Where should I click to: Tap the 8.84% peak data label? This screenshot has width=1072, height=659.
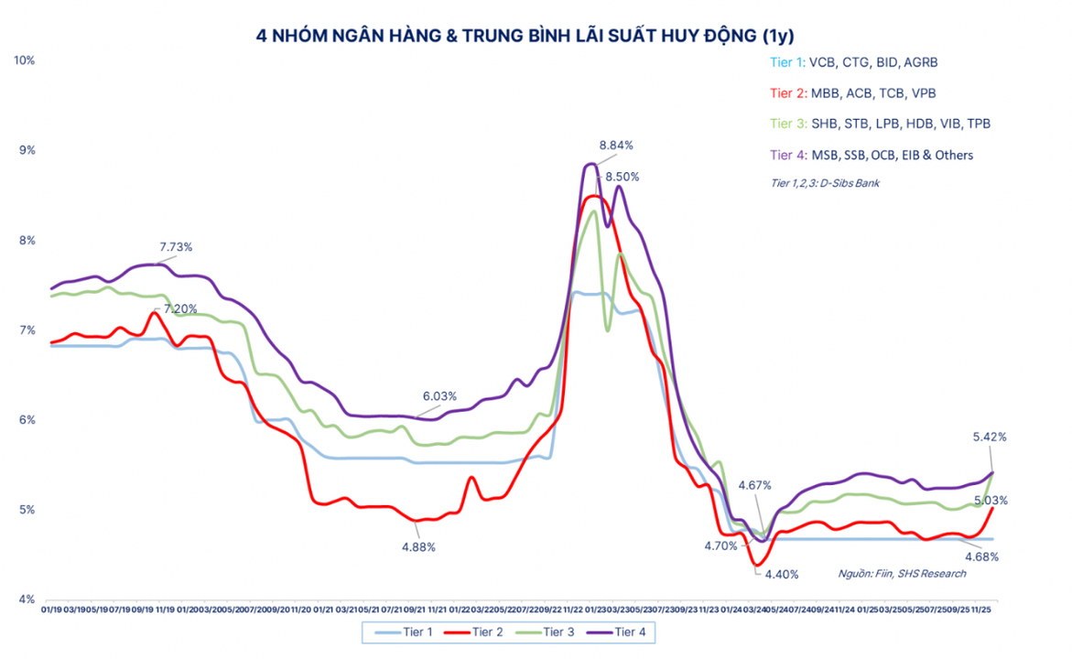point(616,145)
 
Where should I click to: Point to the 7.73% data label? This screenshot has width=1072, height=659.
point(176,247)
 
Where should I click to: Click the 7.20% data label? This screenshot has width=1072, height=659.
point(180,309)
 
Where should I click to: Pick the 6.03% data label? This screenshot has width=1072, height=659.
point(439,395)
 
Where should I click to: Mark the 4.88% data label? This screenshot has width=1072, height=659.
point(417,547)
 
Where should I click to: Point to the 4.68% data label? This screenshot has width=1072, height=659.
point(980,556)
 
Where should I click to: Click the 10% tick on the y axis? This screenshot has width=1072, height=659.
point(24,60)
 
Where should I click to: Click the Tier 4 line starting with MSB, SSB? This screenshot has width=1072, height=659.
point(872,155)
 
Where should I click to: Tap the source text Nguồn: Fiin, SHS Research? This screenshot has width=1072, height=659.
point(902,574)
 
